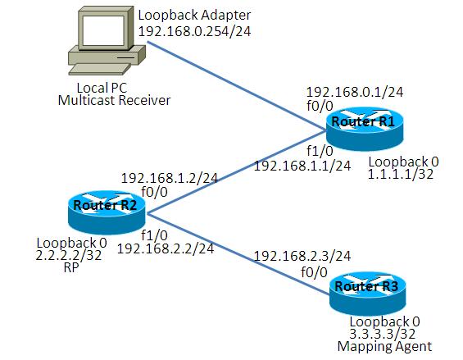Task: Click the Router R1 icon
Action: [365, 130]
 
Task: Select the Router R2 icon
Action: [107, 212]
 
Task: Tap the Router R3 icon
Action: [368, 294]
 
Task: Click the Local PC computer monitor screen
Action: [103, 30]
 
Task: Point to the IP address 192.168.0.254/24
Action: [194, 31]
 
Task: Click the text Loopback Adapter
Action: [194, 16]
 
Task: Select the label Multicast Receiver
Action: [114, 101]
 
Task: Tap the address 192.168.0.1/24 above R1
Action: [355, 92]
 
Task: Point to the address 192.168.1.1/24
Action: [302, 166]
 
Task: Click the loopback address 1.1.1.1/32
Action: [401, 174]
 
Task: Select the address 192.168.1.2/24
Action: [170, 178]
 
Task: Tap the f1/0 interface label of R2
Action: [154, 235]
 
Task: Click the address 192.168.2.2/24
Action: [166, 248]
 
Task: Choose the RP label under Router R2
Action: [71, 267]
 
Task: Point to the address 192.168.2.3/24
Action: [302, 256]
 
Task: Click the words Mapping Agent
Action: [384, 346]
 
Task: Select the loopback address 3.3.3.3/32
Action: [383, 334]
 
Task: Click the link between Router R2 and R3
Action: [238, 254]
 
